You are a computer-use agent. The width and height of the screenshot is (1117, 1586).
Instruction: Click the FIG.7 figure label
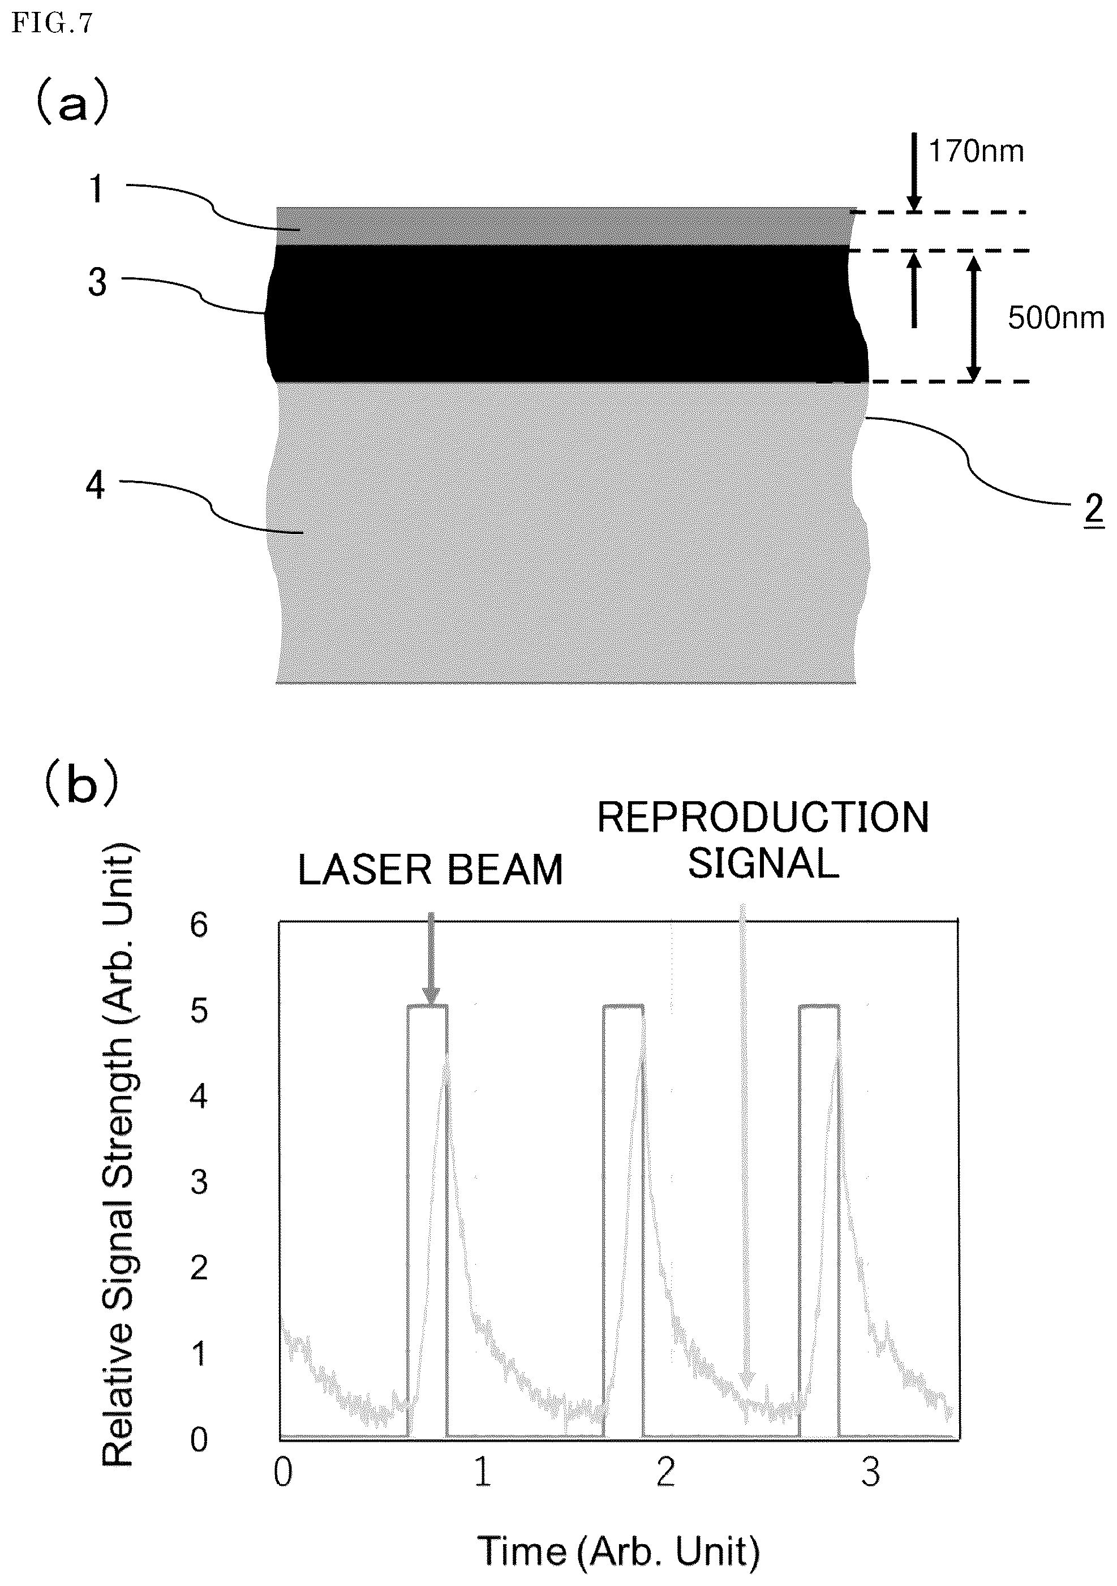(52, 24)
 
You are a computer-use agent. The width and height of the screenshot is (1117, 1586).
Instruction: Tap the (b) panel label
(81, 784)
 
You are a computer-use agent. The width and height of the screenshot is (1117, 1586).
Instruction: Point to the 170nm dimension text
(976, 151)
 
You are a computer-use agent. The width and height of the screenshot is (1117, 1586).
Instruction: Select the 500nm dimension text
(1055, 318)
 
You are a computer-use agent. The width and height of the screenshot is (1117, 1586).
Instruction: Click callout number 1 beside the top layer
(97, 188)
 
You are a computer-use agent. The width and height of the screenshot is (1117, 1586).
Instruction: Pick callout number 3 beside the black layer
(97, 282)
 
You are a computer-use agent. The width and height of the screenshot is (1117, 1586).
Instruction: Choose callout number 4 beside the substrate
(95, 485)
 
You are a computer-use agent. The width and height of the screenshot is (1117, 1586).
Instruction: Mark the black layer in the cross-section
(566, 314)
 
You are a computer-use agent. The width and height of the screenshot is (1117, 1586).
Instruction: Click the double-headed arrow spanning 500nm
(973, 319)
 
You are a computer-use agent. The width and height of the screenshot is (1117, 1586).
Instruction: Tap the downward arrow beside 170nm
(914, 172)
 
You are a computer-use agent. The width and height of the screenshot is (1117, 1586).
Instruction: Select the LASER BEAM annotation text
(429, 870)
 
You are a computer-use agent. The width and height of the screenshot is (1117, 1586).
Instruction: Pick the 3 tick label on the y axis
(199, 1182)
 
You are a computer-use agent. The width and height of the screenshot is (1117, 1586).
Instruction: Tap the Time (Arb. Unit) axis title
(618, 1551)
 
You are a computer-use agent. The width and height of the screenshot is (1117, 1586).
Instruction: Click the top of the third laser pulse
(819, 1007)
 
